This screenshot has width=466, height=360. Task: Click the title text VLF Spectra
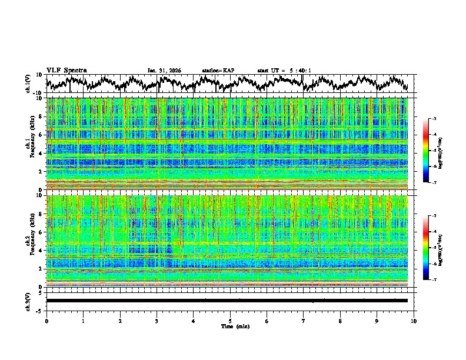tap(66, 70)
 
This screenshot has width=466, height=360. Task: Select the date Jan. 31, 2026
tap(164, 71)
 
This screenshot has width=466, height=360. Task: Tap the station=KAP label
tap(218, 71)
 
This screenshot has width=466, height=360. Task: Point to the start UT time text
tap(284, 71)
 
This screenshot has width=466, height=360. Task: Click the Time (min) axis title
tap(235, 326)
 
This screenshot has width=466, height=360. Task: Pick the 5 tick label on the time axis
tap(230, 321)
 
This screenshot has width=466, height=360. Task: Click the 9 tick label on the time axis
tap(377, 321)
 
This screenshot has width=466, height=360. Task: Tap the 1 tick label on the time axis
tap(83, 321)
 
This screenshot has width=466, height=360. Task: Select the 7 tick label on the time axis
tap(304, 321)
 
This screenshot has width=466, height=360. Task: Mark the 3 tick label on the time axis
tap(157, 321)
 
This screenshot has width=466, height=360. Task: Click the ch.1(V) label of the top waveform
tap(29, 84)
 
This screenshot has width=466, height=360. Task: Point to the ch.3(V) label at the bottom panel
tap(29, 301)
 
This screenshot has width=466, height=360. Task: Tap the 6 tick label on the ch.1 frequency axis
tap(42, 135)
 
